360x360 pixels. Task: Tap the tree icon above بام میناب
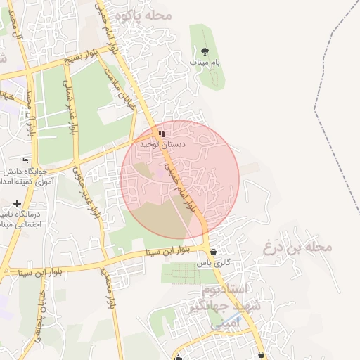click(x=205, y=51)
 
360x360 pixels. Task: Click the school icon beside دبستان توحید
click(x=161, y=133)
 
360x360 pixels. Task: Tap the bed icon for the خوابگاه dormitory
click(x=25, y=160)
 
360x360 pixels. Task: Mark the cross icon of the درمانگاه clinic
click(x=17, y=203)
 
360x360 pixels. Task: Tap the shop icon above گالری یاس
click(x=213, y=252)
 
